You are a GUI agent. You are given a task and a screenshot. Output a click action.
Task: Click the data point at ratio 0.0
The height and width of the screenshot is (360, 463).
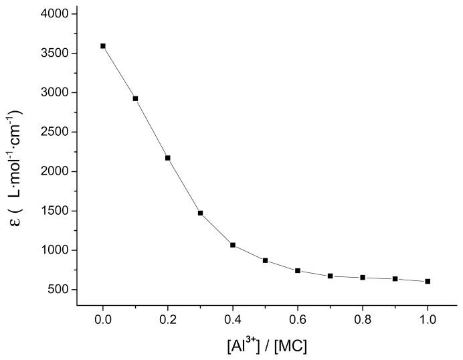103,46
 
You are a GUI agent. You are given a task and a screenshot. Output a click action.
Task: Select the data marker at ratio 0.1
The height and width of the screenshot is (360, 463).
135,98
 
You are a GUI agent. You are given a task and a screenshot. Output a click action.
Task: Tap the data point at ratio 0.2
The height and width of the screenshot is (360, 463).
168,158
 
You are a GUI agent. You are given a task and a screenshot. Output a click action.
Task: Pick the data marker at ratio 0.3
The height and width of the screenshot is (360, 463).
200,213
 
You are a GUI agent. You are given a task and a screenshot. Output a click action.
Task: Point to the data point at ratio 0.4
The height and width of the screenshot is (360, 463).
233,245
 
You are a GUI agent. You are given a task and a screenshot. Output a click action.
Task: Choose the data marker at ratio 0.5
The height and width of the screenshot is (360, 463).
265,260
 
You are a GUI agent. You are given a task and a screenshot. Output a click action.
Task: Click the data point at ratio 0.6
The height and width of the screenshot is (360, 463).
298,270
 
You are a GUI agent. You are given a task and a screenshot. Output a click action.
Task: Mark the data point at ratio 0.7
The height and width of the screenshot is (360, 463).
330,276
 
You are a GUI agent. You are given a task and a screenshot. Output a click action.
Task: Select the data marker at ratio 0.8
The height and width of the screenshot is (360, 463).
363,277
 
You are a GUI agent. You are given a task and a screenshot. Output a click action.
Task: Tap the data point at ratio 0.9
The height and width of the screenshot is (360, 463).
395,278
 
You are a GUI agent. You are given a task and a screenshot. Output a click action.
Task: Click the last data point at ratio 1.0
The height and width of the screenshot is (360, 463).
428,281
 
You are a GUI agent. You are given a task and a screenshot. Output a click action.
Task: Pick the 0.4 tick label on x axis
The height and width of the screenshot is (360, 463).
233,320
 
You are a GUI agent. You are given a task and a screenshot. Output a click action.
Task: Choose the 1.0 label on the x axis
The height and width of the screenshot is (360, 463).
428,320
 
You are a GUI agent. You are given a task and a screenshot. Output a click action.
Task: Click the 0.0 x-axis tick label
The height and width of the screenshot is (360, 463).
103,320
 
